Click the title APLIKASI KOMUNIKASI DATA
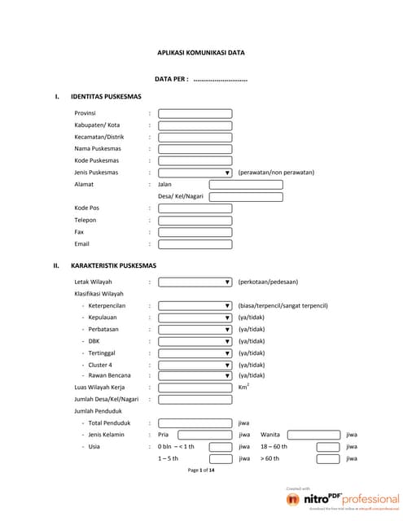tap(200, 53)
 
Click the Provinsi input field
tap(195, 114)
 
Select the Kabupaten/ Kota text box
tap(195, 125)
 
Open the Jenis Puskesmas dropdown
tap(195, 173)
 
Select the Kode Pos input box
tap(195, 208)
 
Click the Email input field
tap(195, 243)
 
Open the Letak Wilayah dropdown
tap(195, 282)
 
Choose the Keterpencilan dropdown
tap(195, 305)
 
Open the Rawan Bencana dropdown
tap(195, 375)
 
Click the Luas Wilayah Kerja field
tap(195, 387)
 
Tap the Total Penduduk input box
tap(195, 423)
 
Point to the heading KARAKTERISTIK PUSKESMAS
tap(113, 265)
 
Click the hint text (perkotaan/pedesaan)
tap(268, 282)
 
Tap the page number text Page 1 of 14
tap(201, 471)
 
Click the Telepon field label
tap(86, 220)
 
